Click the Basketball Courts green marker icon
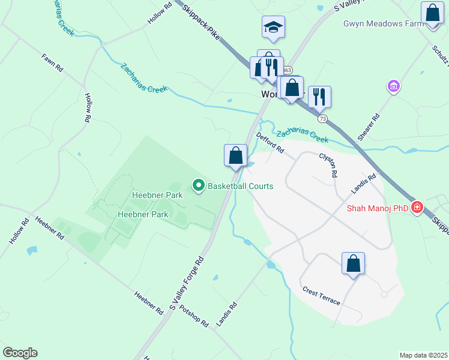198,186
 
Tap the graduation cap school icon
273,27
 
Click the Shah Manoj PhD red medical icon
417,208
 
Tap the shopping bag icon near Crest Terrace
354,263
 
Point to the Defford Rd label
270,143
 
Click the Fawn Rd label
53,63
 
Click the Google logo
20,352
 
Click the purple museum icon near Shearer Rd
394,86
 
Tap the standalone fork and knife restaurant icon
319,96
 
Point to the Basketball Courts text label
240,186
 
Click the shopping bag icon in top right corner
432,13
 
